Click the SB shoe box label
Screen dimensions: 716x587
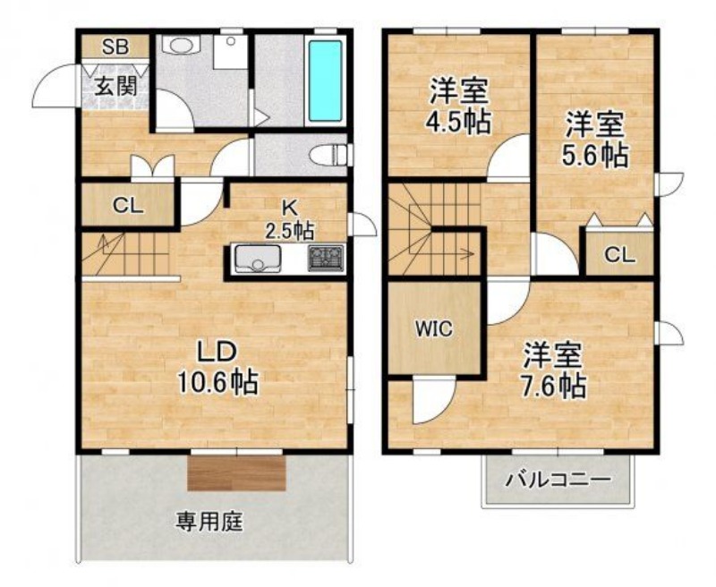click(115, 47)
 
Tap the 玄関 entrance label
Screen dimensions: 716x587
click(115, 86)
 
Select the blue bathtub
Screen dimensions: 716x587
click(325, 81)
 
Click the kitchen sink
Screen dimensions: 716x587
click(257, 259)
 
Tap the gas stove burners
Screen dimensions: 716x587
click(326, 259)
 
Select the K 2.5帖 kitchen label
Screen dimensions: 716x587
click(289, 219)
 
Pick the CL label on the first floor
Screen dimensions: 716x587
click(128, 206)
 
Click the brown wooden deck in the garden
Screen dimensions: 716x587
click(236, 472)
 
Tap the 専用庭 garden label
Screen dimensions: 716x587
click(209, 522)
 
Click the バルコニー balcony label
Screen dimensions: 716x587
click(558, 481)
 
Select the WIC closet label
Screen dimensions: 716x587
click(433, 328)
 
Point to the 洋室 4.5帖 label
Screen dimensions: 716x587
click(458, 106)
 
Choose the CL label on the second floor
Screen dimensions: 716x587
click(620, 255)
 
